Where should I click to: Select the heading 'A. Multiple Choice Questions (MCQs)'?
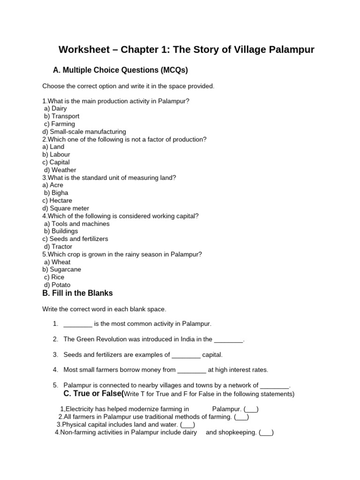click(x=120, y=70)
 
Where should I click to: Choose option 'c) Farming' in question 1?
click(x=60, y=124)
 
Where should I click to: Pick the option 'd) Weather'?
click(x=60, y=170)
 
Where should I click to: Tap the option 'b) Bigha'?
click(x=56, y=193)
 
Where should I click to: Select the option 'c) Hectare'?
click(x=57, y=201)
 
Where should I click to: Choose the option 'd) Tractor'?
click(x=58, y=247)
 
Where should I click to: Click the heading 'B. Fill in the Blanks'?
click(x=77, y=293)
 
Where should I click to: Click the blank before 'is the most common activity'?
click(x=78, y=324)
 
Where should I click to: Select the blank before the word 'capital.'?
click(x=186, y=355)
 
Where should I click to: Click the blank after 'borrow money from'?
click(x=192, y=370)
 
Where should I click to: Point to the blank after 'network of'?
click(x=275, y=386)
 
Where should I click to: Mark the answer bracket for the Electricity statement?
click(x=251, y=409)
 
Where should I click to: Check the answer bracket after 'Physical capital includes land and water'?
click(x=187, y=425)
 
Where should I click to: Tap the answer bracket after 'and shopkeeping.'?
click(x=266, y=433)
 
